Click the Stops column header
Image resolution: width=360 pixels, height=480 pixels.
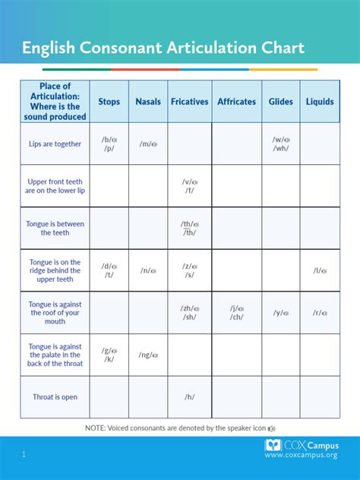[x=109, y=102]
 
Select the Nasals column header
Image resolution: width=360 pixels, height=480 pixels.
[x=148, y=102]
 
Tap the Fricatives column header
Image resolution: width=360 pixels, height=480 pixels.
[x=189, y=102]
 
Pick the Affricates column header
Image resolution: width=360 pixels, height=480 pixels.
[x=236, y=102]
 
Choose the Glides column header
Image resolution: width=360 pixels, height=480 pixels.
[x=280, y=102]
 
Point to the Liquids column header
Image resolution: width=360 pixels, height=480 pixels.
[x=320, y=102]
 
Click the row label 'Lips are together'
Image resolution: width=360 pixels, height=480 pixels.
[x=55, y=144]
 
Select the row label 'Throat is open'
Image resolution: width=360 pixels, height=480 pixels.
[x=55, y=397]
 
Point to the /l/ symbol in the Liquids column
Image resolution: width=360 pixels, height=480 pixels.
[x=318, y=270]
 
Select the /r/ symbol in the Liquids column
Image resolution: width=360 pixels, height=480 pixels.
[x=318, y=313]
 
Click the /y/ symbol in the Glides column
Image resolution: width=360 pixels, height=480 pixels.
[x=279, y=313]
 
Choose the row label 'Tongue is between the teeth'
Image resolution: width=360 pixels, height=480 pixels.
[x=55, y=229]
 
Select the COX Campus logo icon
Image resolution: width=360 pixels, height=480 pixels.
[x=273, y=446]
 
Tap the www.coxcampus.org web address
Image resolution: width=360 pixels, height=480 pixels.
[x=302, y=455]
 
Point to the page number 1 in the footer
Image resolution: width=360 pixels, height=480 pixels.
[x=24, y=454]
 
